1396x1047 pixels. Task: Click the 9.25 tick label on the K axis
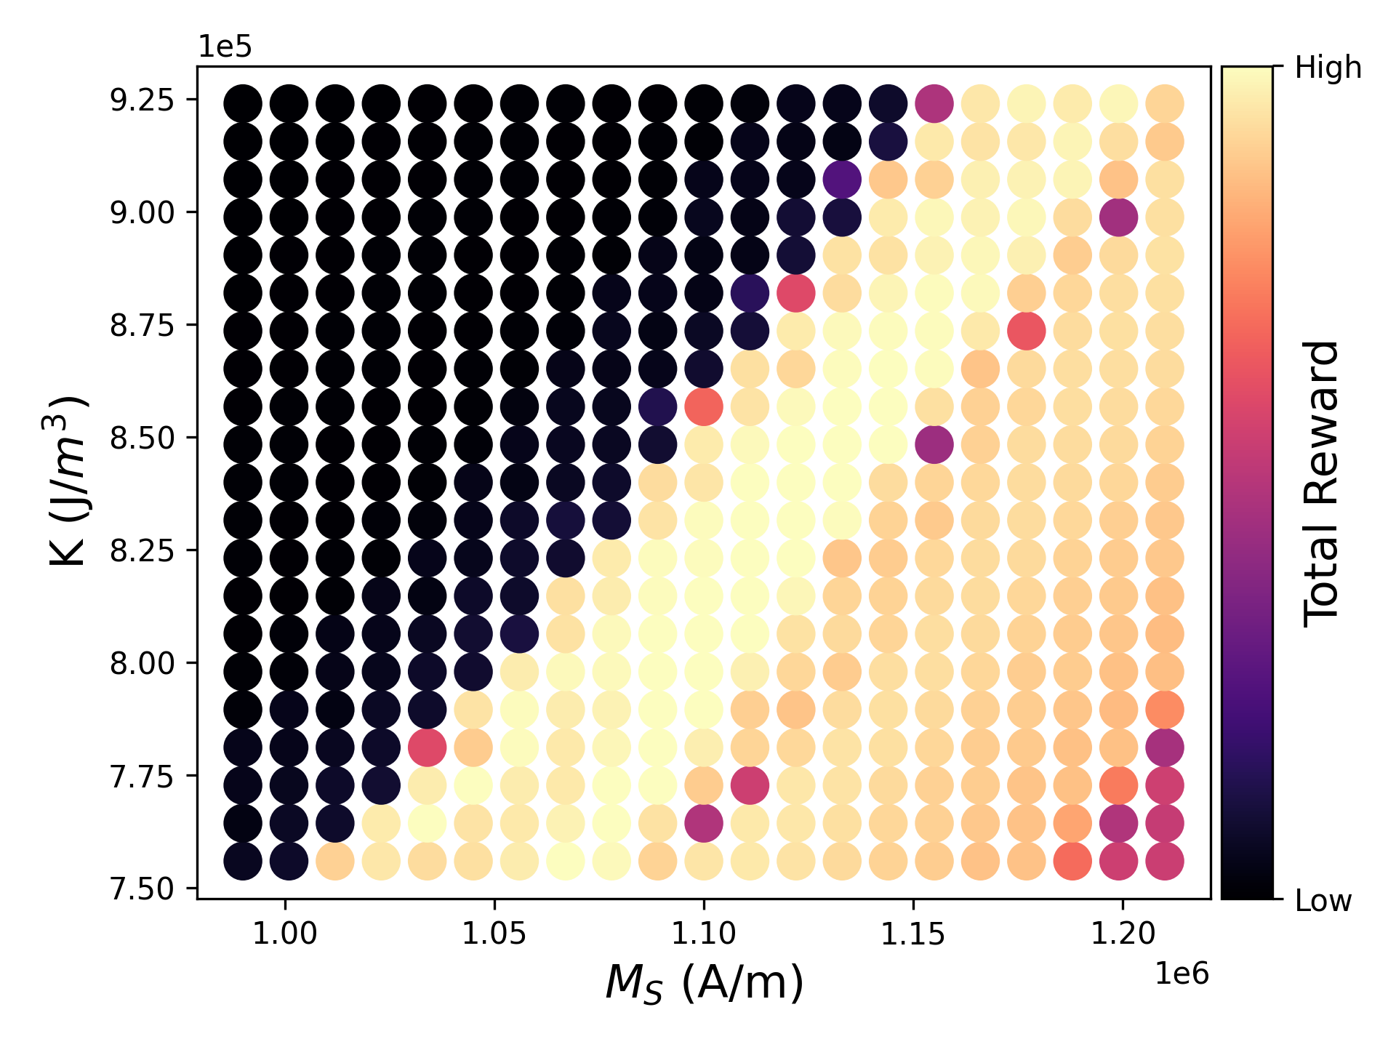pos(142,100)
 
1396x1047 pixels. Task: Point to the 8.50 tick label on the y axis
pos(142,438)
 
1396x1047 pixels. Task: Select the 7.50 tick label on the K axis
pos(142,888)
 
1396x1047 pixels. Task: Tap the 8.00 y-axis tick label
pos(142,664)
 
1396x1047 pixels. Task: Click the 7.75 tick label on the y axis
pos(142,777)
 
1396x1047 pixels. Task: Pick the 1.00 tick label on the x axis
pos(285,933)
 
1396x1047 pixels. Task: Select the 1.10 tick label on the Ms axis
pos(704,933)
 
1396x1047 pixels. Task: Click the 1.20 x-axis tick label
pos(1123,933)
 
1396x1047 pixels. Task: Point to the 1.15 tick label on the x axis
pos(913,933)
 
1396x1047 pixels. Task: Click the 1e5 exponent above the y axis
pos(225,47)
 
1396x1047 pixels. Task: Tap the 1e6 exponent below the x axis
pos(1182,974)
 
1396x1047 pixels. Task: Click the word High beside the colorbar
pos(1328,68)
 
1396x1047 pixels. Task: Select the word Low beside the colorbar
pos(1323,901)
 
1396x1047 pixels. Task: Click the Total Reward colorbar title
pos(1321,484)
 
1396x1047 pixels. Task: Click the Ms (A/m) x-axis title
pos(704,983)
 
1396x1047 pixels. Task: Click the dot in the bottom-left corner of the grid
pos(243,861)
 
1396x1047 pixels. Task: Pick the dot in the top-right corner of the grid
pos(1165,103)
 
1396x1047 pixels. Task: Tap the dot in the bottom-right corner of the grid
pos(1165,861)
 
